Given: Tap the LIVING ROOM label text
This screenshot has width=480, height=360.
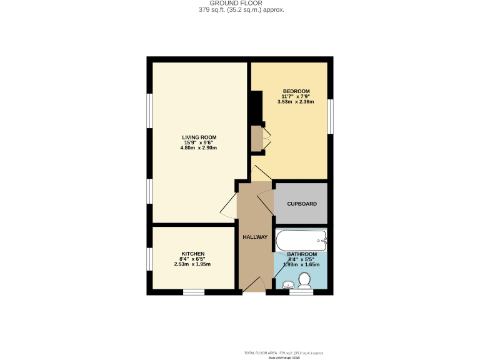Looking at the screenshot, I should tap(199, 137).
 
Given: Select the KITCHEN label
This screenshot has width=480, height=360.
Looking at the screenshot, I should tap(192, 254).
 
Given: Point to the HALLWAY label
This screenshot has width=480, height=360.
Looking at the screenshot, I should tap(255, 237).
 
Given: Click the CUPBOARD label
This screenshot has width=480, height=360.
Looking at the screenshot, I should tap(302, 204).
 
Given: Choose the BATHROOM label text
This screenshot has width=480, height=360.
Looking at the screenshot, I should tap(302, 254).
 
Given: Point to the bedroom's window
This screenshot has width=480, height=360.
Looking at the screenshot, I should tap(331, 116).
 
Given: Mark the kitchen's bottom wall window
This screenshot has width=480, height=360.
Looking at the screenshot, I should tap(194, 292).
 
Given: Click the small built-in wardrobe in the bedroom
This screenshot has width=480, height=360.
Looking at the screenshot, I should tap(257, 138).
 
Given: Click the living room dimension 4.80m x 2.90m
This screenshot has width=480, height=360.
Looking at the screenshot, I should tap(199, 148).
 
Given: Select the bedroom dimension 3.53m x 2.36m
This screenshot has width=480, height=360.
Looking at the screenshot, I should tap(296, 102).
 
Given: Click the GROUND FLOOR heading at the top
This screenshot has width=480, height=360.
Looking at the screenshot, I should tap(240, 3).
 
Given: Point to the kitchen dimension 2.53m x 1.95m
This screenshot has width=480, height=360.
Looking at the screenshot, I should tap(192, 264).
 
